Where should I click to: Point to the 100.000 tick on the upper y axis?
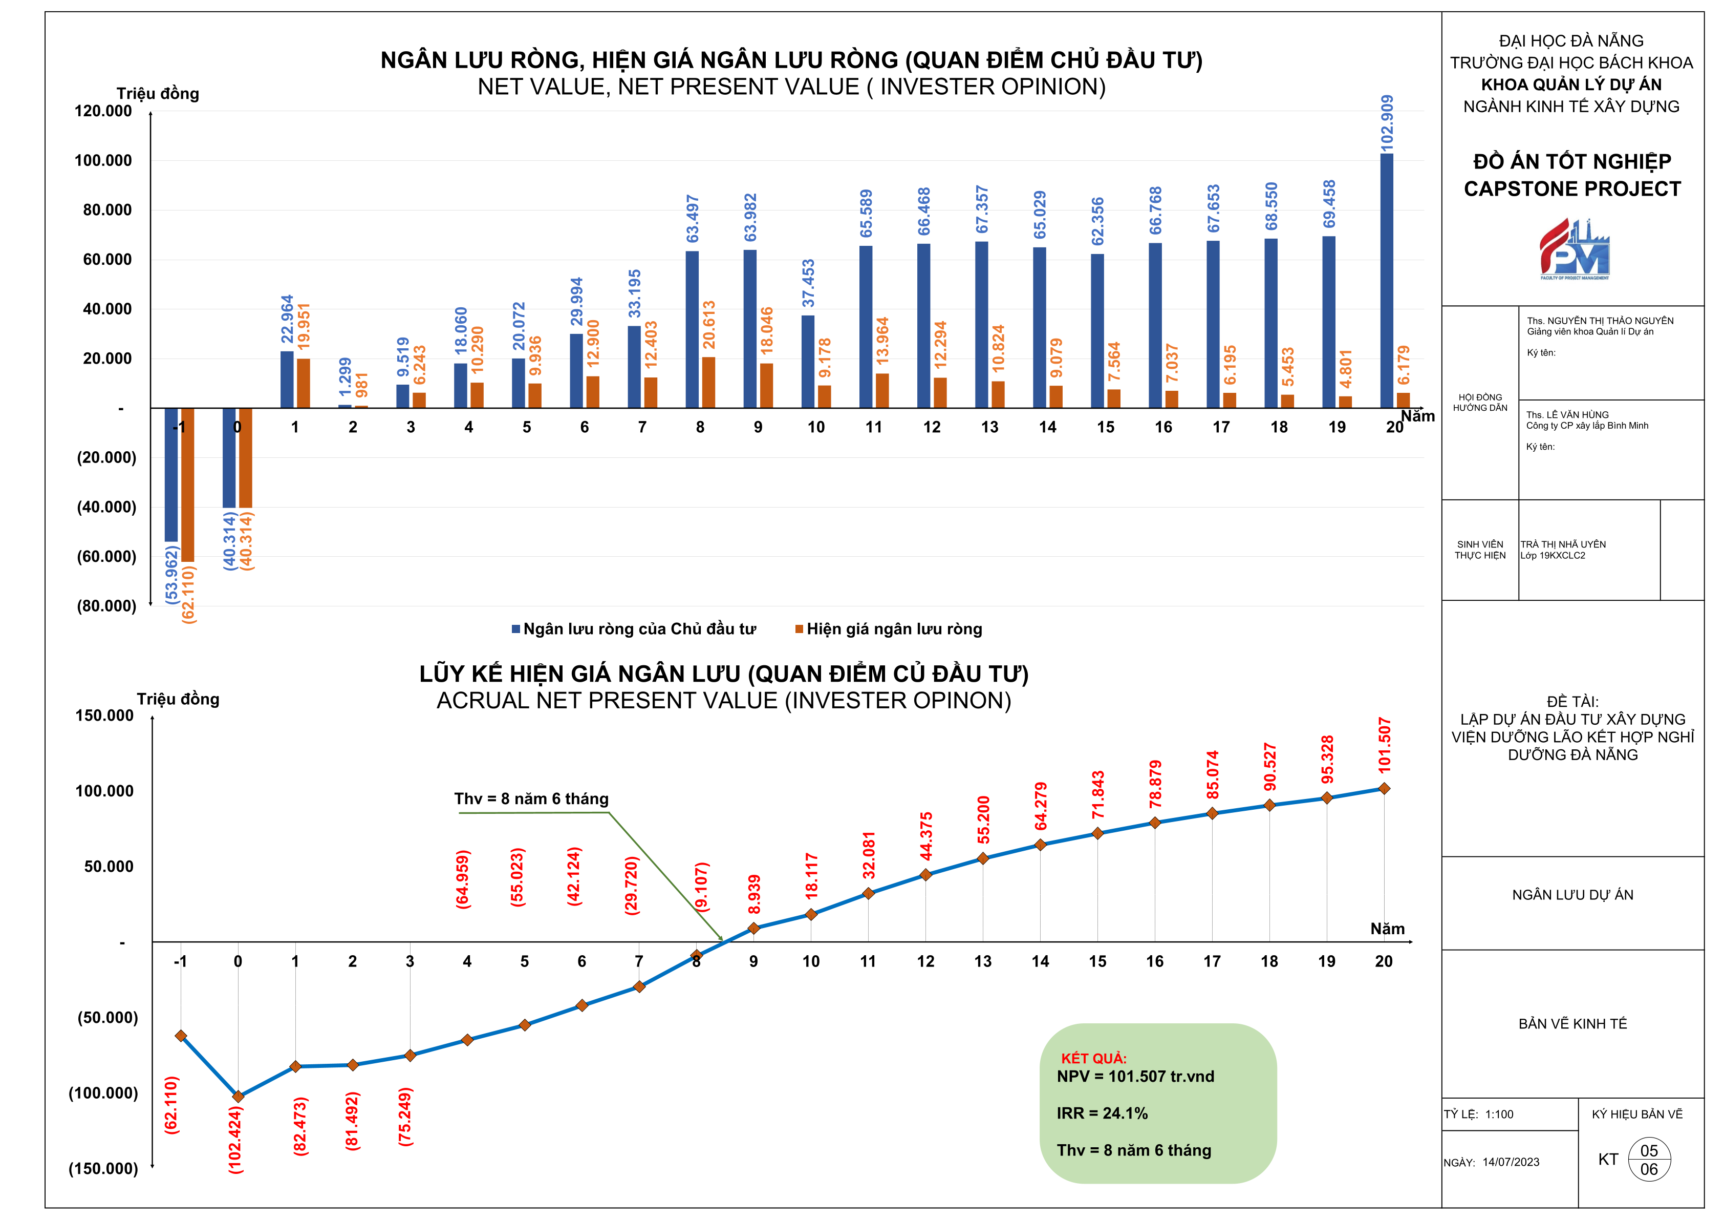click(x=103, y=160)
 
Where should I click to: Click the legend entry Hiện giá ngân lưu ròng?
click(x=894, y=629)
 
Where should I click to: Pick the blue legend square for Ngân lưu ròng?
click(x=516, y=629)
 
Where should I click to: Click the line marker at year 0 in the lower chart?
click(x=238, y=1096)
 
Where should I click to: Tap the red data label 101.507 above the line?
click(x=1385, y=745)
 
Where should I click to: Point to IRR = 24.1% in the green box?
click(x=1102, y=1113)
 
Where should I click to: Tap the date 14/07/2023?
click(x=1511, y=1162)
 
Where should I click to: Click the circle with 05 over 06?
click(x=1649, y=1160)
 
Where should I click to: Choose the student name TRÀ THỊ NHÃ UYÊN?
click(x=1563, y=544)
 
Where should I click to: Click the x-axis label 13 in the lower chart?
click(x=982, y=961)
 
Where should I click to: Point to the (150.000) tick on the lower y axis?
click(x=103, y=1168)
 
